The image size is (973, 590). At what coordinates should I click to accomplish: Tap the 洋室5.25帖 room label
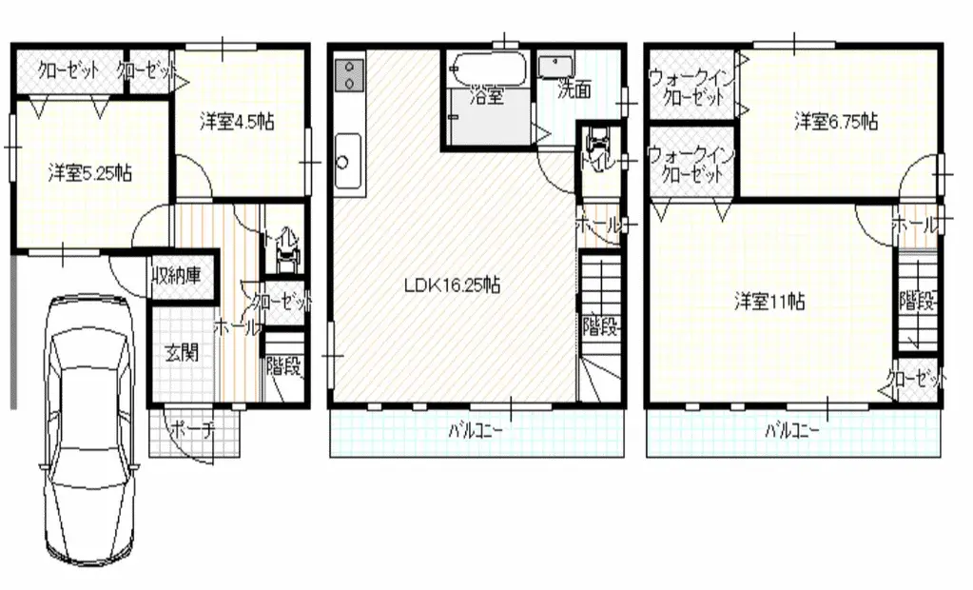[x=90, y=173]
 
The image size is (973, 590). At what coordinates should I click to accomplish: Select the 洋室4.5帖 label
[x=237, y=121]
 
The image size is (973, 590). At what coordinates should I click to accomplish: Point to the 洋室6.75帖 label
[x=836, y=121]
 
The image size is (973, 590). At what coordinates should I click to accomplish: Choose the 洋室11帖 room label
[x=769, y=302]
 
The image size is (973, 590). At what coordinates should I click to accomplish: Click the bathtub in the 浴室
[x=486, y=69]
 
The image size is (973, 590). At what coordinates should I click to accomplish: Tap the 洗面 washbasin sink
[x=555, y=66]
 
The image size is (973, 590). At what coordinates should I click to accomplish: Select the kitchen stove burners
[x=350, y=75]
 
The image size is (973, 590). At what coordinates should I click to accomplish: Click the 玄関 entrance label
[x=182, y=353]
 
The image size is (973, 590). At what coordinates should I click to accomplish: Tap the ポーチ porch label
[x=193, y=430]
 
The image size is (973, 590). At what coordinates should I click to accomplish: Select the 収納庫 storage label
[x=180, y=278]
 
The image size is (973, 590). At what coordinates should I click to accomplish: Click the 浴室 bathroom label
[x=487, y=95]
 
